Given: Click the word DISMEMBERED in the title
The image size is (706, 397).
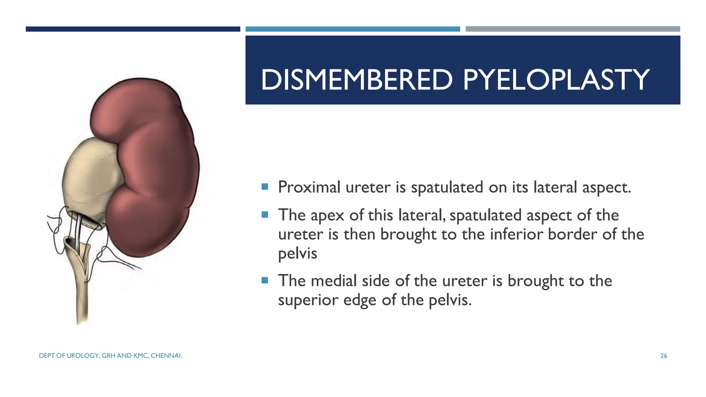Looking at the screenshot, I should click(356, 80).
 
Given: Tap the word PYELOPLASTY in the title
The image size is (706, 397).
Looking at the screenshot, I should click(556, 80).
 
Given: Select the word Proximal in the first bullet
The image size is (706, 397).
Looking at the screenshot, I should click(309, 187).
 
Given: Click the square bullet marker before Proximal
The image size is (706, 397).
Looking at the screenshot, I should click(265, 187).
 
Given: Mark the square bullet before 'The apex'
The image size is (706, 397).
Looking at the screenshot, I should click(265, 215).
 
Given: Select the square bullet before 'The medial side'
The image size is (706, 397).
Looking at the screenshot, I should click(265, 280).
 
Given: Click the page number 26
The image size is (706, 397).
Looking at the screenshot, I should click(664, 356).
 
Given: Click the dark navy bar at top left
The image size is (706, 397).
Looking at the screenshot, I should click(133, 29).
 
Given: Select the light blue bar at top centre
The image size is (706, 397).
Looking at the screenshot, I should click(353, 29).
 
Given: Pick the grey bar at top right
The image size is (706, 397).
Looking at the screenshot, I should click(573, 29).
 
